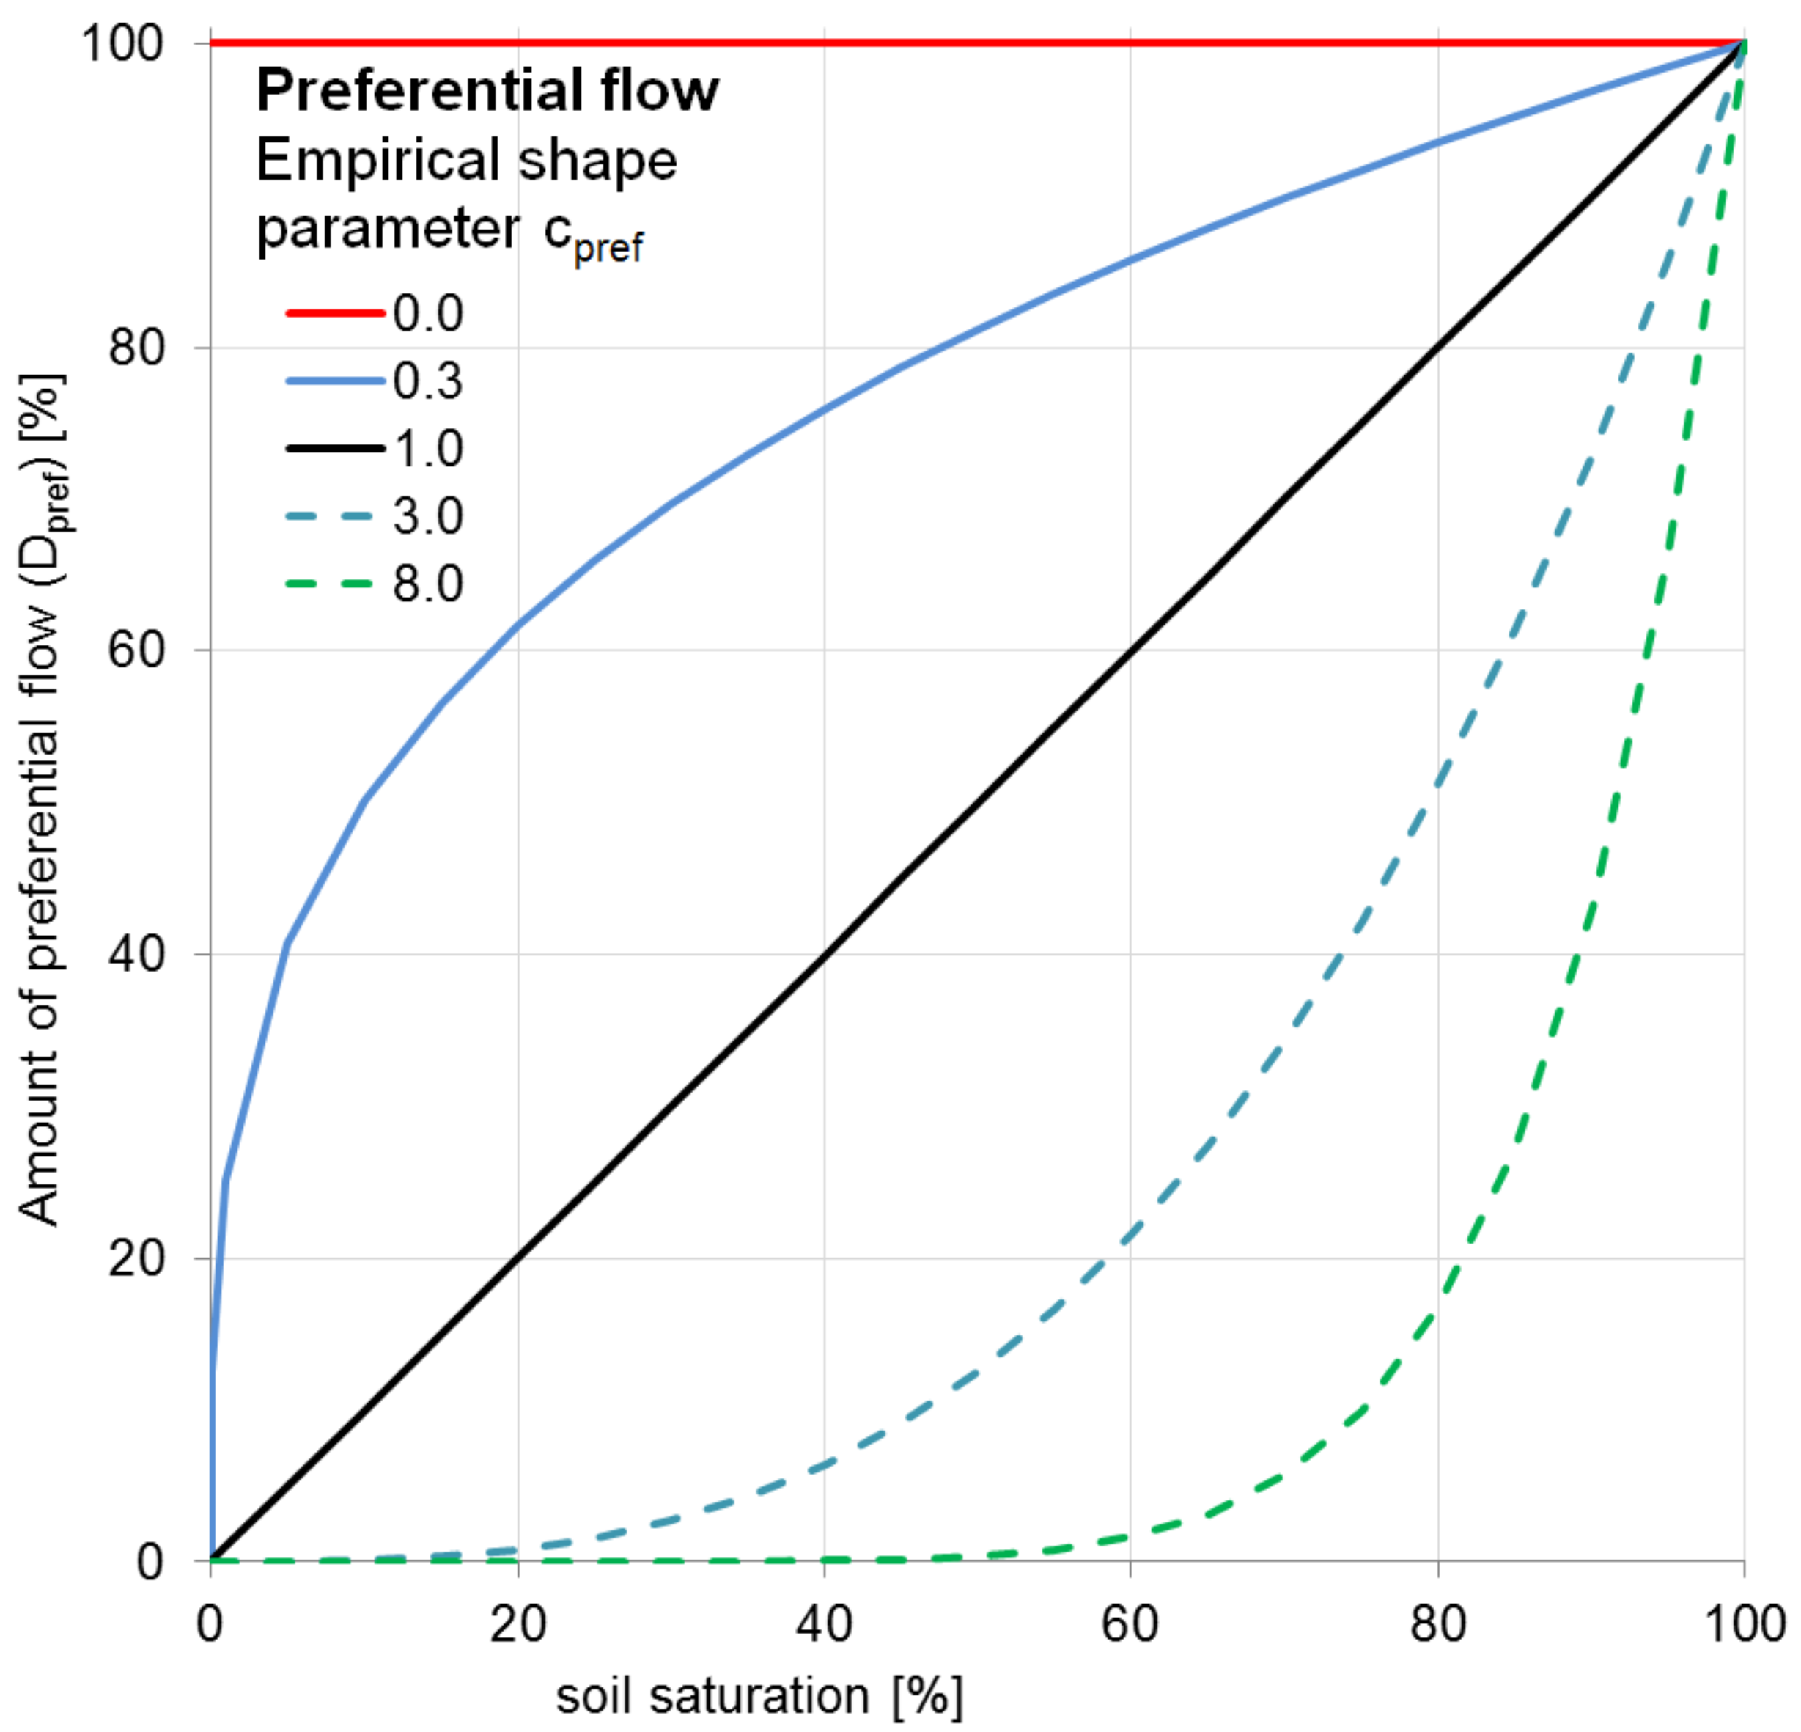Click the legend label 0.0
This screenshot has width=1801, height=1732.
(x=428, y=314)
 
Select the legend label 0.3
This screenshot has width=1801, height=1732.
(x=428, y=381)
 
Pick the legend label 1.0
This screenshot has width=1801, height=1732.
(x=428, y=449)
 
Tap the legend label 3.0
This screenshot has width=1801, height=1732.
(x=428, y=515)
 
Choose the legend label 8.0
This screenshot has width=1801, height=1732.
(x=428, y=584)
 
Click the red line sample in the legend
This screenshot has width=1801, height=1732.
(x=334, y=314)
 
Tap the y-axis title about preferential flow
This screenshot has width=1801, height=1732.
(x=39, y=800)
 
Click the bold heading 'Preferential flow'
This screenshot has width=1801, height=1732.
(x=487, y=91)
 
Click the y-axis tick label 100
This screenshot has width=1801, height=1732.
(x=125, y=43)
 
